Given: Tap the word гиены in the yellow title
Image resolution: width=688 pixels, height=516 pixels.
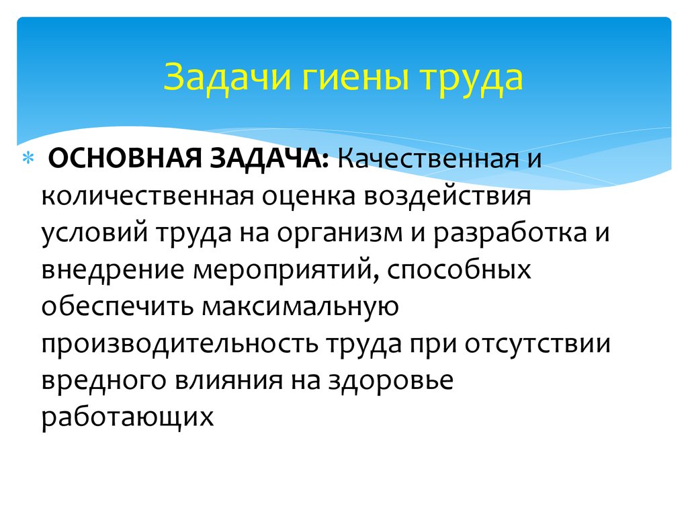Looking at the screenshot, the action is click(x=356, y=78).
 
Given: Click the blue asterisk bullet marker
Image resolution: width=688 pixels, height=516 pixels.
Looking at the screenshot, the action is click(x=28, y=158).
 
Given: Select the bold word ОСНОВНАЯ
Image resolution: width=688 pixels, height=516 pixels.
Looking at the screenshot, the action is click(x=124, y=158).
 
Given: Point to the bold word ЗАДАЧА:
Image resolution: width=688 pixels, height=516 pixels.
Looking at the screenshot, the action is click(x=269, y=159).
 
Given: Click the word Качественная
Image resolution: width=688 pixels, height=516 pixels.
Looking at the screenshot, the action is click(x=428, y=158).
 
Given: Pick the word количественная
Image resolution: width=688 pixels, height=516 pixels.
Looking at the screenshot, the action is click(x=147, y=196).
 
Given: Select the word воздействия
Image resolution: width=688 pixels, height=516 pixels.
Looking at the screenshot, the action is click(x=447, y=196).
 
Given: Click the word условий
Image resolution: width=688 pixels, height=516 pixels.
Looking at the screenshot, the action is click(x=94, y=233).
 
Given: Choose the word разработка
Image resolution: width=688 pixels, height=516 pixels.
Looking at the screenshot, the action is click(x=510, y=233).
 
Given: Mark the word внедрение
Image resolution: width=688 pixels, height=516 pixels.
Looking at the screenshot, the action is click(x=113, y=270).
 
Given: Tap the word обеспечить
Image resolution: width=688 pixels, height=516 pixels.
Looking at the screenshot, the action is click(x=117, y=306).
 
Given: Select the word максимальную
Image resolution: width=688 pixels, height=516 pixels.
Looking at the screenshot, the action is click(x=300, y=307).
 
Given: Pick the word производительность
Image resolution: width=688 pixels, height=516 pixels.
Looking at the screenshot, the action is click(x=179, y=344).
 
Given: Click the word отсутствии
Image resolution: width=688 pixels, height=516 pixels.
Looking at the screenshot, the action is click(x=537, y=344).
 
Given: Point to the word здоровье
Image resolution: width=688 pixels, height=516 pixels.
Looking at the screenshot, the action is click(x=391, y=381).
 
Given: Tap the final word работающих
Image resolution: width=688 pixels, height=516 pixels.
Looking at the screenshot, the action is click(x=127, y=417).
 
